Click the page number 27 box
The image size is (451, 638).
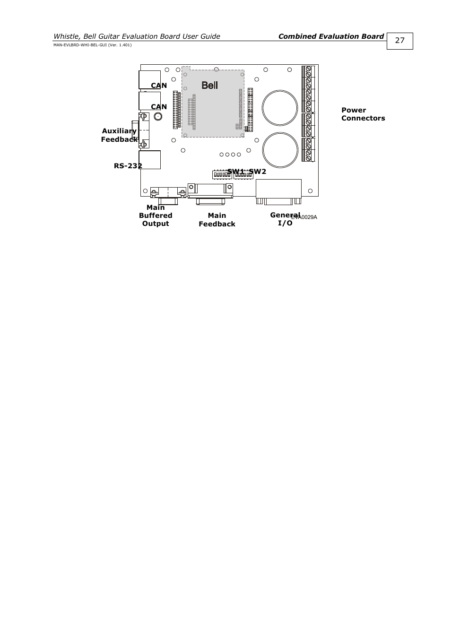(399, 41)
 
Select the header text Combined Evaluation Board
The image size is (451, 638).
(331, 36)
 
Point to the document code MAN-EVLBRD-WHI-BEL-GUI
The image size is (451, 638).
(92, 45)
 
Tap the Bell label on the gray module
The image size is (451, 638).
(209, 85)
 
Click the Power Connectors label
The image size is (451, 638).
(363, 114)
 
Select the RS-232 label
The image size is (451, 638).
(128, 166)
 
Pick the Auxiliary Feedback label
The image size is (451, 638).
(119, 135)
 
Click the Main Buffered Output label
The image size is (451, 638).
(156, 216)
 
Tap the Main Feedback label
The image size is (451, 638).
(217, 220)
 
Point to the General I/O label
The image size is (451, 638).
(285, 219)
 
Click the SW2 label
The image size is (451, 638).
(258, 172)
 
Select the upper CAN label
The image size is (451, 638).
(159, 86)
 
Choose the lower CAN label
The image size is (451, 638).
(159, 107)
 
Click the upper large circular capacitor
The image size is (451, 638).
(280, 108)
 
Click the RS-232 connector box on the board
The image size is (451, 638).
(150, 160)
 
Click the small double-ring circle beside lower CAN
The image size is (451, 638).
(158, 116)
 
